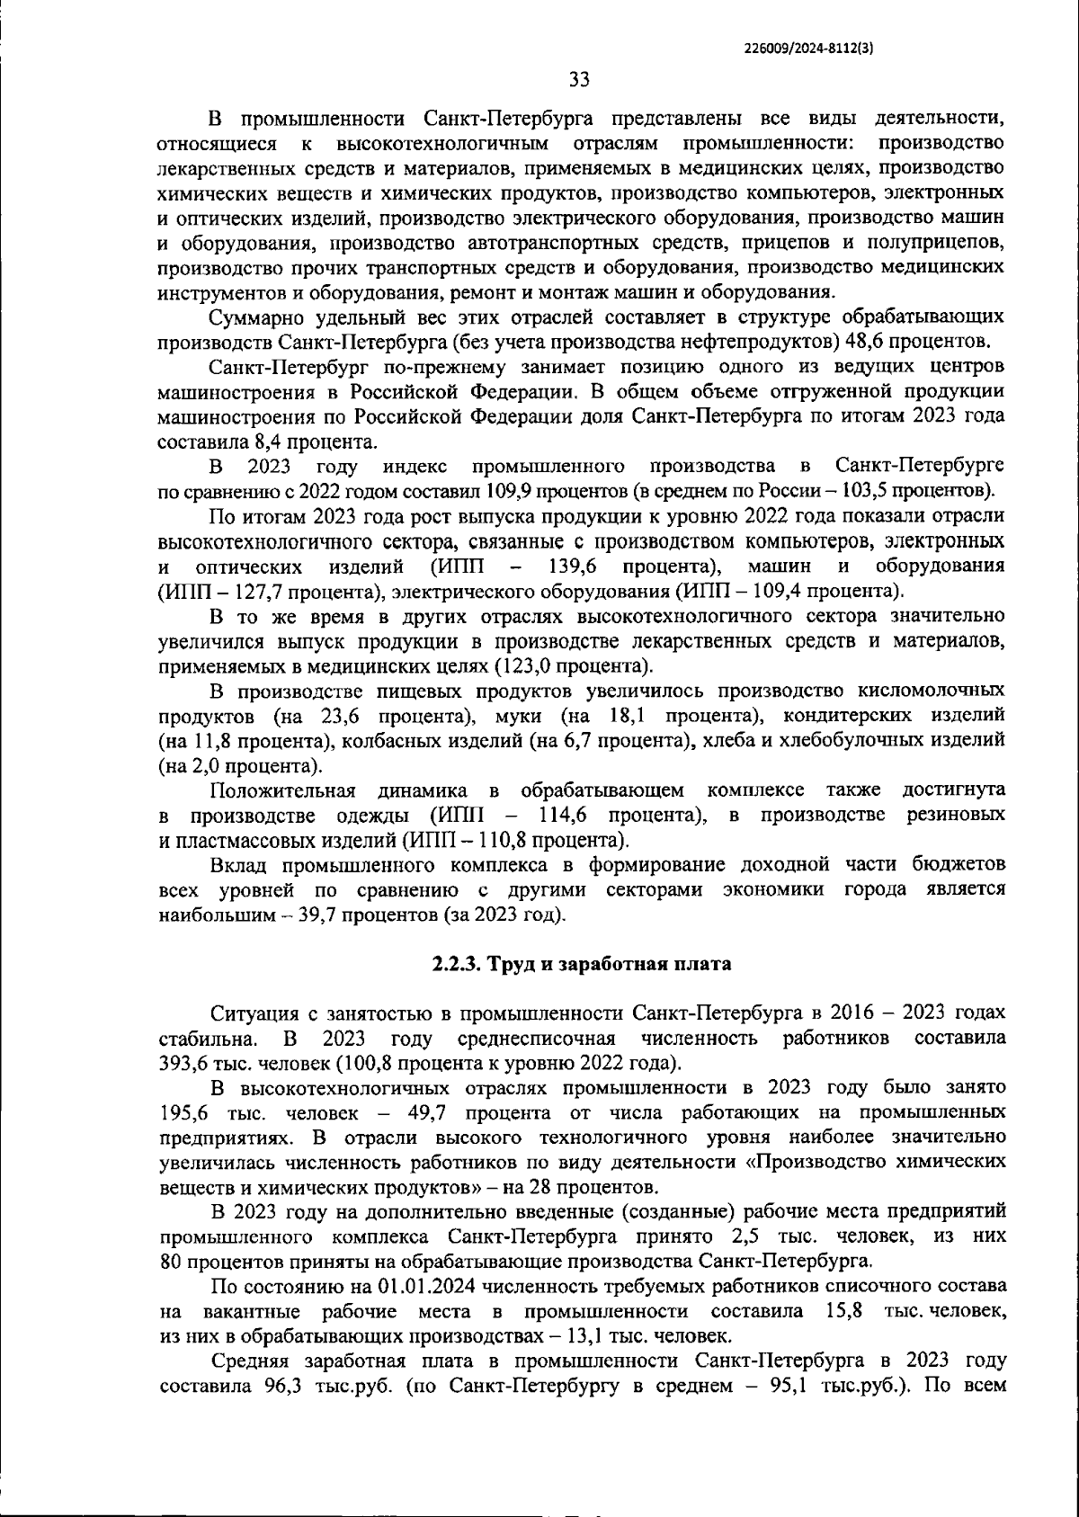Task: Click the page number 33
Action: tap(580, 80)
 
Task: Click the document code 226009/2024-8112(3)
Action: tap(808, 49)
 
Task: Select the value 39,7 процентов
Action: tap(328, 915)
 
